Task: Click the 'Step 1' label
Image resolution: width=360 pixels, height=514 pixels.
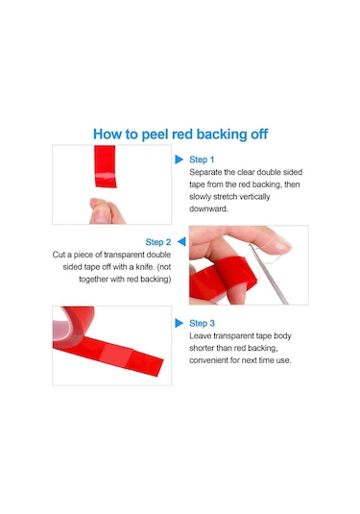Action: coord(202,159)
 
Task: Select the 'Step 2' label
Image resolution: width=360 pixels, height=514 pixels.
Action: coord(158,242)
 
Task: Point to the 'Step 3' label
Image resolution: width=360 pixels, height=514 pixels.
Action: coord(203,323)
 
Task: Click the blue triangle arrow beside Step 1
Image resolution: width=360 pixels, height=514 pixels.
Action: coord(179,159)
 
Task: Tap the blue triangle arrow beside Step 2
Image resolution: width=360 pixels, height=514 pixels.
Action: coord(181,241)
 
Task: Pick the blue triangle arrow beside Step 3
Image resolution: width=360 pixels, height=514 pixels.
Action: coord(179,323)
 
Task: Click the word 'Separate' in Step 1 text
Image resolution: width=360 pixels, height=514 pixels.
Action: coord(205,172)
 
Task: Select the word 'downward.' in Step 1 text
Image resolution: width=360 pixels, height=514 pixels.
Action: coord(208,208)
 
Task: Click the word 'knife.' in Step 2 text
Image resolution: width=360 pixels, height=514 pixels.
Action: coord(145,267)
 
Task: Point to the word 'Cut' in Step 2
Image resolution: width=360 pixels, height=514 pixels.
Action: coord(59,255)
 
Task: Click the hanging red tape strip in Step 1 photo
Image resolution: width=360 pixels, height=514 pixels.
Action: coord(106,166)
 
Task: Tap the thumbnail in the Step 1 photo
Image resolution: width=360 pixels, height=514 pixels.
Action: coord(101,214)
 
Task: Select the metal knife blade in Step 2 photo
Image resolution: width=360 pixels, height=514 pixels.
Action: coord(269,275)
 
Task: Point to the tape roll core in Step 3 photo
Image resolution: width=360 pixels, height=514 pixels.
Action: coord(61,328)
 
